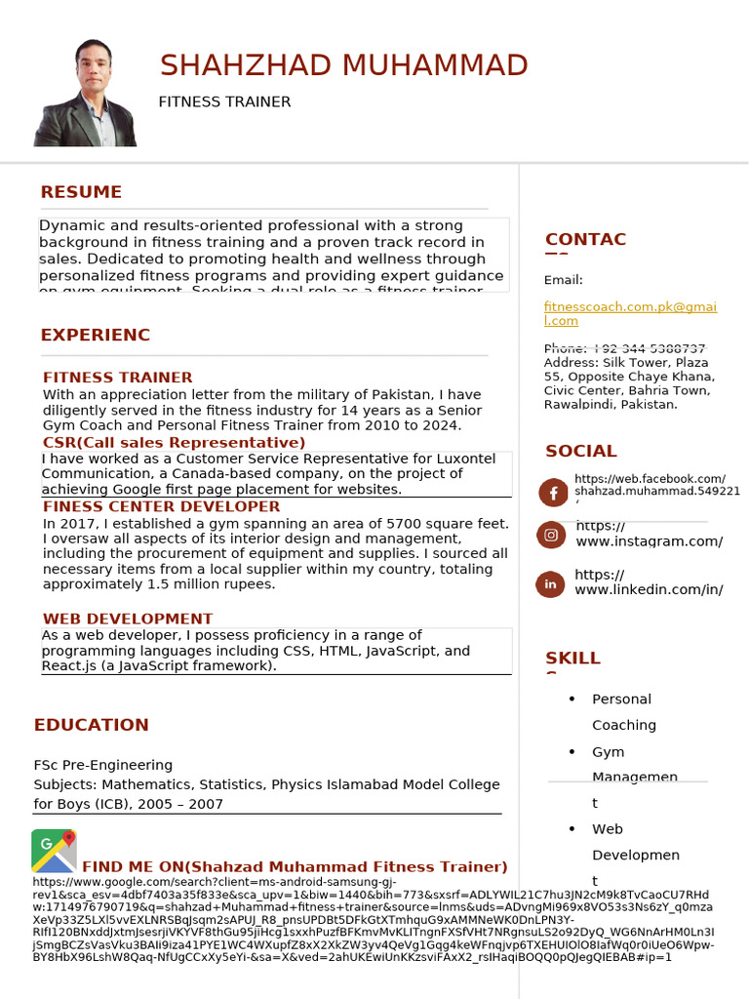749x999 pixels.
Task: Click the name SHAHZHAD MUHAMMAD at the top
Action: click(x=343, y=65)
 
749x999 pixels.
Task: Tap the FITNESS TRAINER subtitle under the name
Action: click(x=224, y=102)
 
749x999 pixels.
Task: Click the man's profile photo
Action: click(x=86, y=94)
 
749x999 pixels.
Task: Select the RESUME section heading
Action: click(x=81, y=192)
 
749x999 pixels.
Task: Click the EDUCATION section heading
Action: click(x=92, y=725)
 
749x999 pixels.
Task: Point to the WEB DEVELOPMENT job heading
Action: click(x=128, y=619)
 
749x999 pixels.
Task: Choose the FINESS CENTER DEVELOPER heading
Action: click(x=162, y=506)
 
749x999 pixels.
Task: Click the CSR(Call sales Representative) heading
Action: click(x=175, y=442)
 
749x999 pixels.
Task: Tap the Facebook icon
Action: click(x=552, y=493)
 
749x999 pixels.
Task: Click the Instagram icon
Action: click(x=551, y=535)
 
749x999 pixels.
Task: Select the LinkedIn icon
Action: click(x=550, y=584)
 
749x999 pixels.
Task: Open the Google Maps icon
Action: click(x=54, y=851)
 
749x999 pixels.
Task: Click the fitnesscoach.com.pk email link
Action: click(x=629, y=313)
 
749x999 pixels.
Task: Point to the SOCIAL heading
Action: click(x=580, y=451)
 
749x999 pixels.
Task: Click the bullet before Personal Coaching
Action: click(x=572, y=699)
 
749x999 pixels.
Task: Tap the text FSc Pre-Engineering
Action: click(x=103, y=765)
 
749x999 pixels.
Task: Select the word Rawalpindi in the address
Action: click(x=581, y=404)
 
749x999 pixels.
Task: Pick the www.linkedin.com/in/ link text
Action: click(x=649, y=589)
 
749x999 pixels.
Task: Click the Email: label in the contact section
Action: click(x=563, y=280)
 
